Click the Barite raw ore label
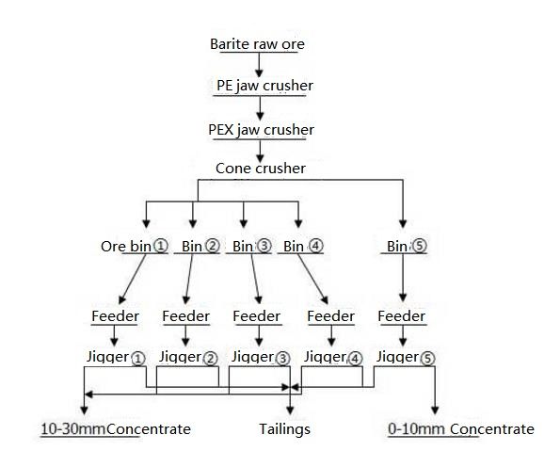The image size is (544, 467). click(x=257, y=44)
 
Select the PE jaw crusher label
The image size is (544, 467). click(x=264, y=86)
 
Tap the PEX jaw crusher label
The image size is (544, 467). click(x=261, y=130)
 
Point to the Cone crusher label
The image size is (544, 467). click(x=261, y=169)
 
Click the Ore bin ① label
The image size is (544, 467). click(x=135, y=246)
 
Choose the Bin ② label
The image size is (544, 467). click(x=200, y=246)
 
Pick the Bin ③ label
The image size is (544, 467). click(x=252, y=246)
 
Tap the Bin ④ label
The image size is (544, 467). click(x=303, y=246)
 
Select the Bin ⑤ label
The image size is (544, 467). click(x=407, y=246)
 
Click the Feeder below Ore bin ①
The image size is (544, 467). click(x=115, y=316)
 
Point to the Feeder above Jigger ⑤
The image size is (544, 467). click(x=401, y=316)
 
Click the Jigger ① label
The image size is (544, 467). click(x=116, y=358)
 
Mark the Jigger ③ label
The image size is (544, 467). click(x=261, y=358)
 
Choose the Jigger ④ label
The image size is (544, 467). click(x=333, y=358)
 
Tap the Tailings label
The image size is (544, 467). click(x=284, y=429)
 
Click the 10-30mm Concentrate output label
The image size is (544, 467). click(x=116, y=429)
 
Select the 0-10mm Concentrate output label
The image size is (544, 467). click(x=461, y=429)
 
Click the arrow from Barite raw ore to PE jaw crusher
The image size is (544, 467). click(x=259, y=65)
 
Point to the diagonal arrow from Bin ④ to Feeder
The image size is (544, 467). click(x=312, y=279)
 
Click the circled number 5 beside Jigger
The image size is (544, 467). click(x=427, y=359)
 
